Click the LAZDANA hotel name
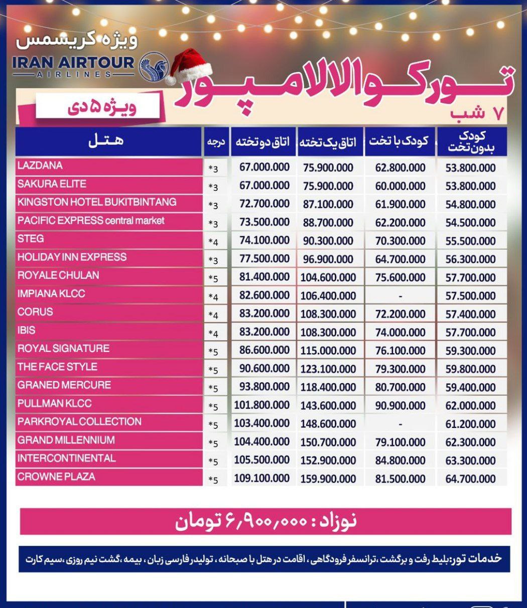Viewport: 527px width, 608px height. [x=40, y=166]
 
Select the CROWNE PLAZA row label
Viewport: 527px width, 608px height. [x=56, y=477]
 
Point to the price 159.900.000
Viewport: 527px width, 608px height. [x=328, y=479]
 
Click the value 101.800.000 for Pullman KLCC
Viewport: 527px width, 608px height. [x=262, y=405]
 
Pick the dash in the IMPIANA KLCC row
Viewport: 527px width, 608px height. [x=400, y=296]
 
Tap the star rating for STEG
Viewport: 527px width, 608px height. [x=214, y=241]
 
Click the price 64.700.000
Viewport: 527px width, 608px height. [x=470, y=479]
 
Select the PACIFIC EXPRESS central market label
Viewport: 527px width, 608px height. [x=91, y=220]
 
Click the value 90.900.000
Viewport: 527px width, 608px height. [x=400, y=405]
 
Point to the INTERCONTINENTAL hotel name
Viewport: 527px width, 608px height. [x=66, y=458]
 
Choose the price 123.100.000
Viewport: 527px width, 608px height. [x=328, y=369]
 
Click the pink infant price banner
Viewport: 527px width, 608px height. [x=266, y=522]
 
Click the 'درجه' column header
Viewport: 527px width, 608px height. [x=216, y=142]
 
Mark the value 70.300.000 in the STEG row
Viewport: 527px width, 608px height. [x=400, y=241]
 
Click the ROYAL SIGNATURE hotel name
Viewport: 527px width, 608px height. [x=63, y=348]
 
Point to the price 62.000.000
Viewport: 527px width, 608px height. [x=470, y=405]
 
